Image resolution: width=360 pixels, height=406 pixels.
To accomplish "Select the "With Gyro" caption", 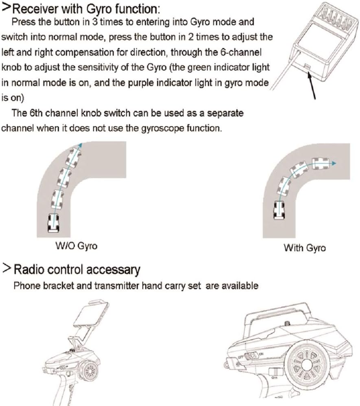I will click(x=305, y=248).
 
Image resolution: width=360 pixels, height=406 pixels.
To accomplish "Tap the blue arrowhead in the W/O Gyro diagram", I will click(x=80, y=145).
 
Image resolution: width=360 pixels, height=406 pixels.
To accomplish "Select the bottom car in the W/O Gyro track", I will click(x=53, y=222).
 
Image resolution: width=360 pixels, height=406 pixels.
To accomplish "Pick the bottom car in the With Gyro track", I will click(x=279, y=211).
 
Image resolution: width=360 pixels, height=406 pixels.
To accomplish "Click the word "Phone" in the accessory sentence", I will click(x=25, y=286).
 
